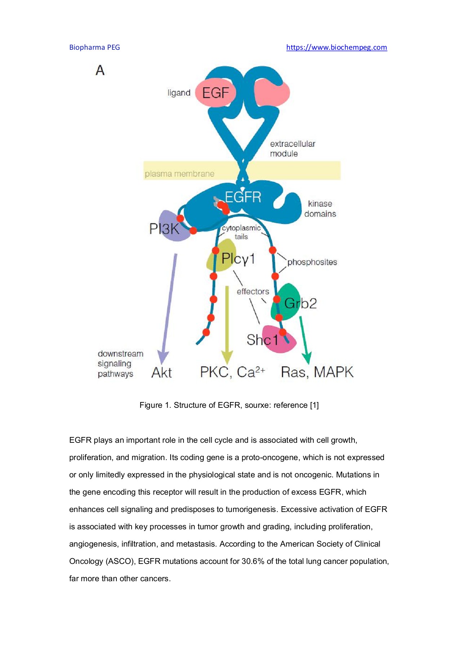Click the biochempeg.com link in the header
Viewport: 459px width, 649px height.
(336, 47)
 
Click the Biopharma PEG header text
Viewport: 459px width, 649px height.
(94, 47)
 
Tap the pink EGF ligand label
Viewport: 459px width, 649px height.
(215, 93)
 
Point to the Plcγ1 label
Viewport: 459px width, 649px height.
(238, 259)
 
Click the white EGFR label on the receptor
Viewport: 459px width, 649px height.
(243, 197)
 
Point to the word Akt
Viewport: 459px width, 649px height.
(162, 372)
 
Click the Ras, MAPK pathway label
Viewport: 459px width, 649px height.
(317, 372)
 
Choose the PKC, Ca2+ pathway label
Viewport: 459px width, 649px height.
(232, 372)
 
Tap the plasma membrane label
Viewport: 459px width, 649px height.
(180, 174)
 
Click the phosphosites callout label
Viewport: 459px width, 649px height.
(312, 262)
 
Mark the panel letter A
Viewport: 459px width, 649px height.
(100, 70)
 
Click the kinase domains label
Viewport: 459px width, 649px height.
(320, 209)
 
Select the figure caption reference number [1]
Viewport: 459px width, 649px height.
(314, 405)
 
